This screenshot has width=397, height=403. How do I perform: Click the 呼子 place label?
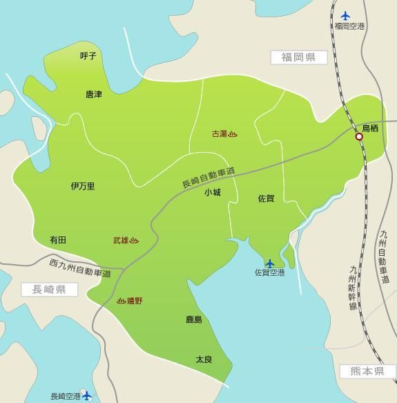click(x=88, y=55)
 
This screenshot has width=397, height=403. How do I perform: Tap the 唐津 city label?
click(x=94, y=94)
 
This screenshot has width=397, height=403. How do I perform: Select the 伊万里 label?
click(x=83, y=186)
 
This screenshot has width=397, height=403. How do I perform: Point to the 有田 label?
click(x=58, y=240)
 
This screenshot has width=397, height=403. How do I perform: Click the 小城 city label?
click(x=212, y=193)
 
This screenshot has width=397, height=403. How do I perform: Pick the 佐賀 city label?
click(x=266, y=198)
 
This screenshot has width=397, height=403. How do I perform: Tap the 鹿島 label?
click(x=194, y=319)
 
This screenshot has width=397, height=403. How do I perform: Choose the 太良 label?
click(x=203, y=359)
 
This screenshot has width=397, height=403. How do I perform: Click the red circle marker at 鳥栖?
click(x=359, y=137)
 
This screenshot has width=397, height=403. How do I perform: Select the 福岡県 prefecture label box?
click(x=298, y=57)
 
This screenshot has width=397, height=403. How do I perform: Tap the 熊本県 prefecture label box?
click(x=362, y=371)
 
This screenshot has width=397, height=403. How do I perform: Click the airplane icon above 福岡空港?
click(x=346, y=16)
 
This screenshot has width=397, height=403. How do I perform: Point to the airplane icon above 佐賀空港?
click(x=269, y=263)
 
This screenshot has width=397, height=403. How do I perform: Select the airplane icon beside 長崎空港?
click(x=87, y=396)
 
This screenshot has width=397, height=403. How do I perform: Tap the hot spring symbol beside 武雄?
click(x=134, y=241)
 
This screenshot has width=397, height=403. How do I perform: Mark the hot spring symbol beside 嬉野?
click(x=121, y=301)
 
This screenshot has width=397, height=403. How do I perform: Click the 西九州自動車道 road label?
click(x=80, y=268)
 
